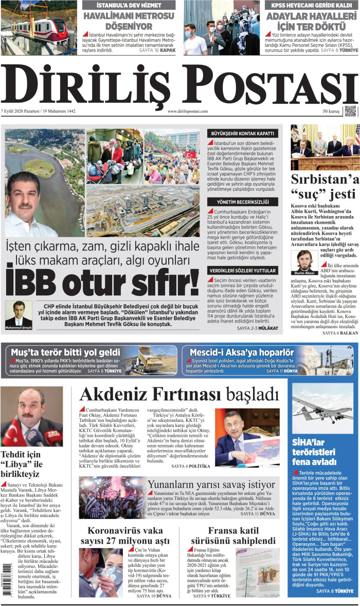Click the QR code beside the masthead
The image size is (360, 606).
[350, 111]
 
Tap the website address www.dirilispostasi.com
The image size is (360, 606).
[188, 111]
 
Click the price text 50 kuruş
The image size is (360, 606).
[331, 111]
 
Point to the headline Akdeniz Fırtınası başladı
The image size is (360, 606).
[179, 395]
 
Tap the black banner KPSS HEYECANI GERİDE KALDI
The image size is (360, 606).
[311, 6]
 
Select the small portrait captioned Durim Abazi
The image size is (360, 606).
[305, 261]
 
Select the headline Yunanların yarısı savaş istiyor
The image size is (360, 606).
[211, 484]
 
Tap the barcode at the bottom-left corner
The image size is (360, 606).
[6, 582]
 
